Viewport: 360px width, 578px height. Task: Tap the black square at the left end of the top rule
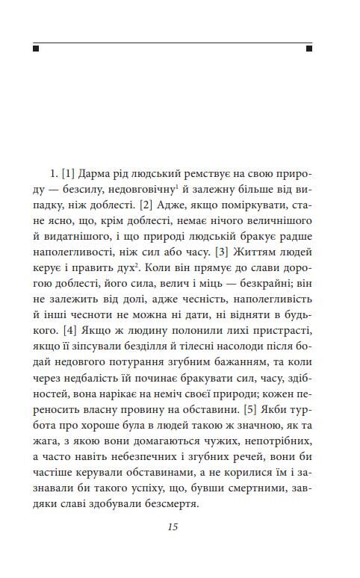click(x=36, y=49)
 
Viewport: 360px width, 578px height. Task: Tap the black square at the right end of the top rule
click(x=310, y=49)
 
